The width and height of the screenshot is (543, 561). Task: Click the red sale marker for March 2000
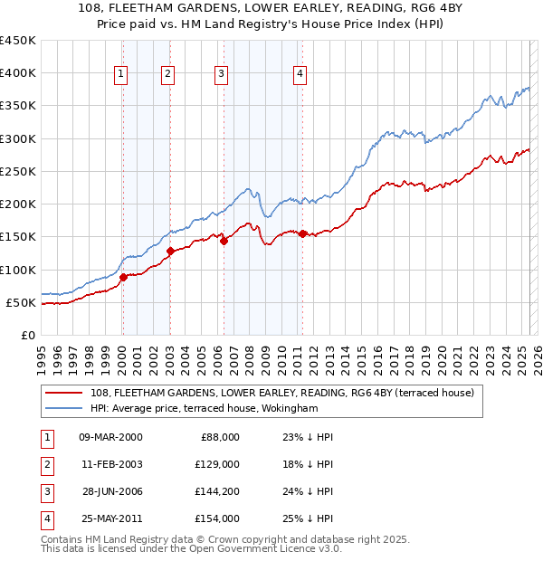tap(123, 278)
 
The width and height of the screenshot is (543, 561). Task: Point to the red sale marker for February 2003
tap(170, 251)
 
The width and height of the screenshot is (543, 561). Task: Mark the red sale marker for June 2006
tap(224, 241)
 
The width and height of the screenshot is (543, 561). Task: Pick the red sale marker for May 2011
tap(302, 234)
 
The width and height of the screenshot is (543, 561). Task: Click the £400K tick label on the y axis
tap(18, 73)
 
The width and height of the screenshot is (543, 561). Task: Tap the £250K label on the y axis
tap(18, 171)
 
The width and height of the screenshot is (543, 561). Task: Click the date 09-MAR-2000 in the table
tap(110, 437)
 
